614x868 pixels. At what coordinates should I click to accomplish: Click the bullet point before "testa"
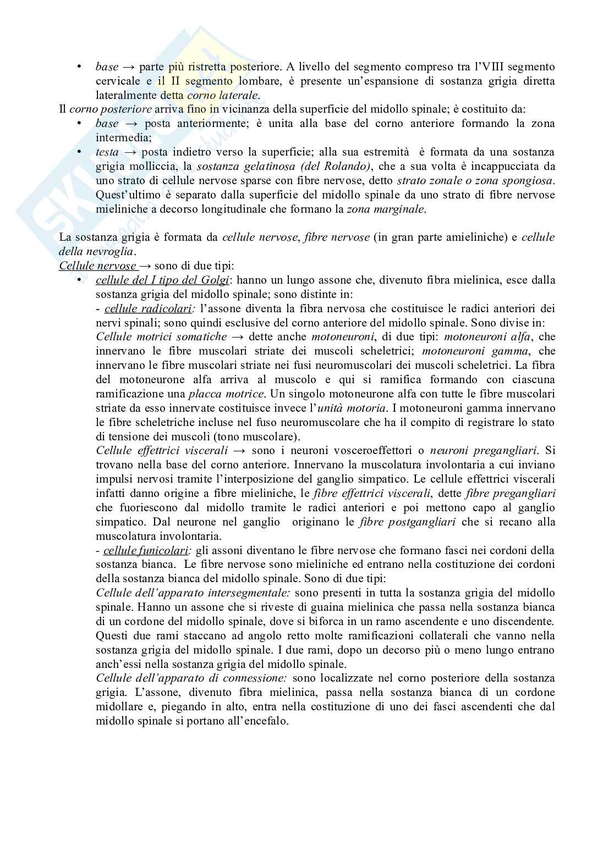pyautogui.click(x=80, y=152)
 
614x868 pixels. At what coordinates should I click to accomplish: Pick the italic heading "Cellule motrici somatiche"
pyautogui.click(x=161, y=336)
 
